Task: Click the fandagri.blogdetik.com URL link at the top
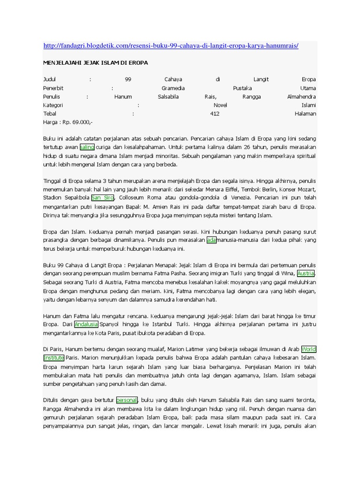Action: [x=171, y=45]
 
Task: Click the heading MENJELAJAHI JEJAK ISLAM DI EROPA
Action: [x=96, y=62]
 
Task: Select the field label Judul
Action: [x=49, y=80]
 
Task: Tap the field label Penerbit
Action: [x=53, y=88]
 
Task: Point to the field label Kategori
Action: [x=53, y=105]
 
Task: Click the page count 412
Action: [x=215, y=113]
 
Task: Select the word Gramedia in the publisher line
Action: [x=173, y=88]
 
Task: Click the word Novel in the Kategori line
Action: [x=220, y=105]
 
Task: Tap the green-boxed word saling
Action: [x=87, y=147]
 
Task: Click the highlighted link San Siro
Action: [x=103, y=198]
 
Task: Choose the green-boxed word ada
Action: [x=211, y=240]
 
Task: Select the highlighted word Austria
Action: [x=306, y=274]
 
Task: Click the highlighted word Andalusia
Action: [x=86, y=324]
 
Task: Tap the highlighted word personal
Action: [x=127, y=400]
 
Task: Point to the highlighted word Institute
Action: [x=53, y=358]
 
